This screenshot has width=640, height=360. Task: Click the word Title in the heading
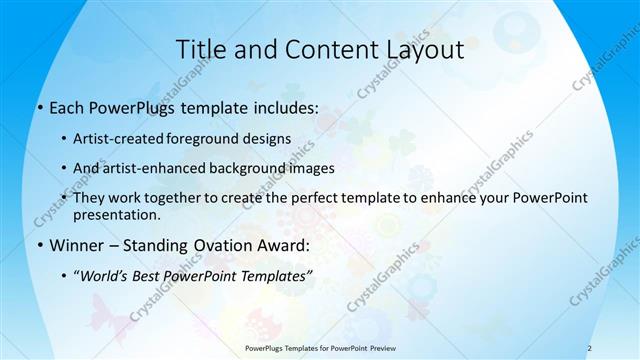[x=200, y=49]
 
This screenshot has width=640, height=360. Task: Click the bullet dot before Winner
[x=39, y=246]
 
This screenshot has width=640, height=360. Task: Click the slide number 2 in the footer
[x=589, y=348]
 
